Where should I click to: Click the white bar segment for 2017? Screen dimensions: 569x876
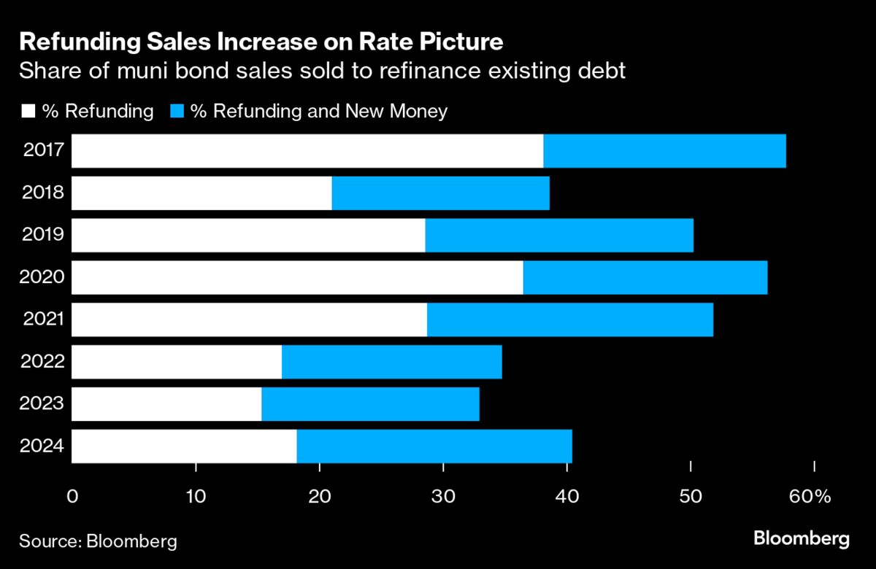(307, 151)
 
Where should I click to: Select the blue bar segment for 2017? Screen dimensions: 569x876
(664, 151)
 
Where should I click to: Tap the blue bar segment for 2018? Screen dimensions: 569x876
(440, 193)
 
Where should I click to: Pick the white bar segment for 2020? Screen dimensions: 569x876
(297, 277)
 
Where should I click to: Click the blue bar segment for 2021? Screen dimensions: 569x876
(569, 320)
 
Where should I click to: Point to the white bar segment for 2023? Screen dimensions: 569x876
(166, 404)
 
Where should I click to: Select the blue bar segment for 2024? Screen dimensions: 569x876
(434, 446)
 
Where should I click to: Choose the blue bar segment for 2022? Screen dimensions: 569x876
(391, 362)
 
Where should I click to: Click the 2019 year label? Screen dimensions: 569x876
(43, 235)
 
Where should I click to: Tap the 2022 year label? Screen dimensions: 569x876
(43, 362)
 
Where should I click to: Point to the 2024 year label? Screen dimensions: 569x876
(43, 446)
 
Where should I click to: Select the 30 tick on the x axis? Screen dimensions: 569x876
(443, 497)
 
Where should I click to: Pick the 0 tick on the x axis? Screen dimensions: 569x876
(72, 497)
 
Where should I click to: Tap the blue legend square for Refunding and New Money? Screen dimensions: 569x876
(177, 112)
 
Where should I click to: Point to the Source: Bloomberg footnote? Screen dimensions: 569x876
(98, 541)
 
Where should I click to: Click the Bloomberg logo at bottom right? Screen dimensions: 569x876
(801, 539)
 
